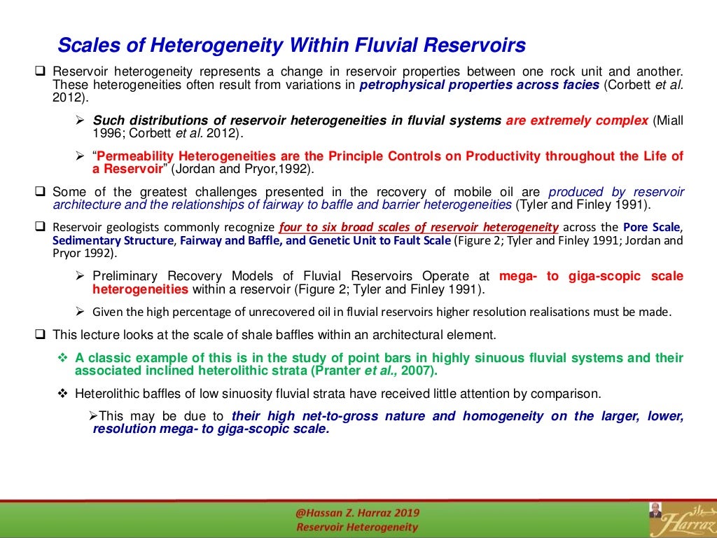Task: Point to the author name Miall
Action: point(668,120)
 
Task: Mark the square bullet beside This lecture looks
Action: point(40,334)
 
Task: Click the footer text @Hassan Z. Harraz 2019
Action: point(357,514)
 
